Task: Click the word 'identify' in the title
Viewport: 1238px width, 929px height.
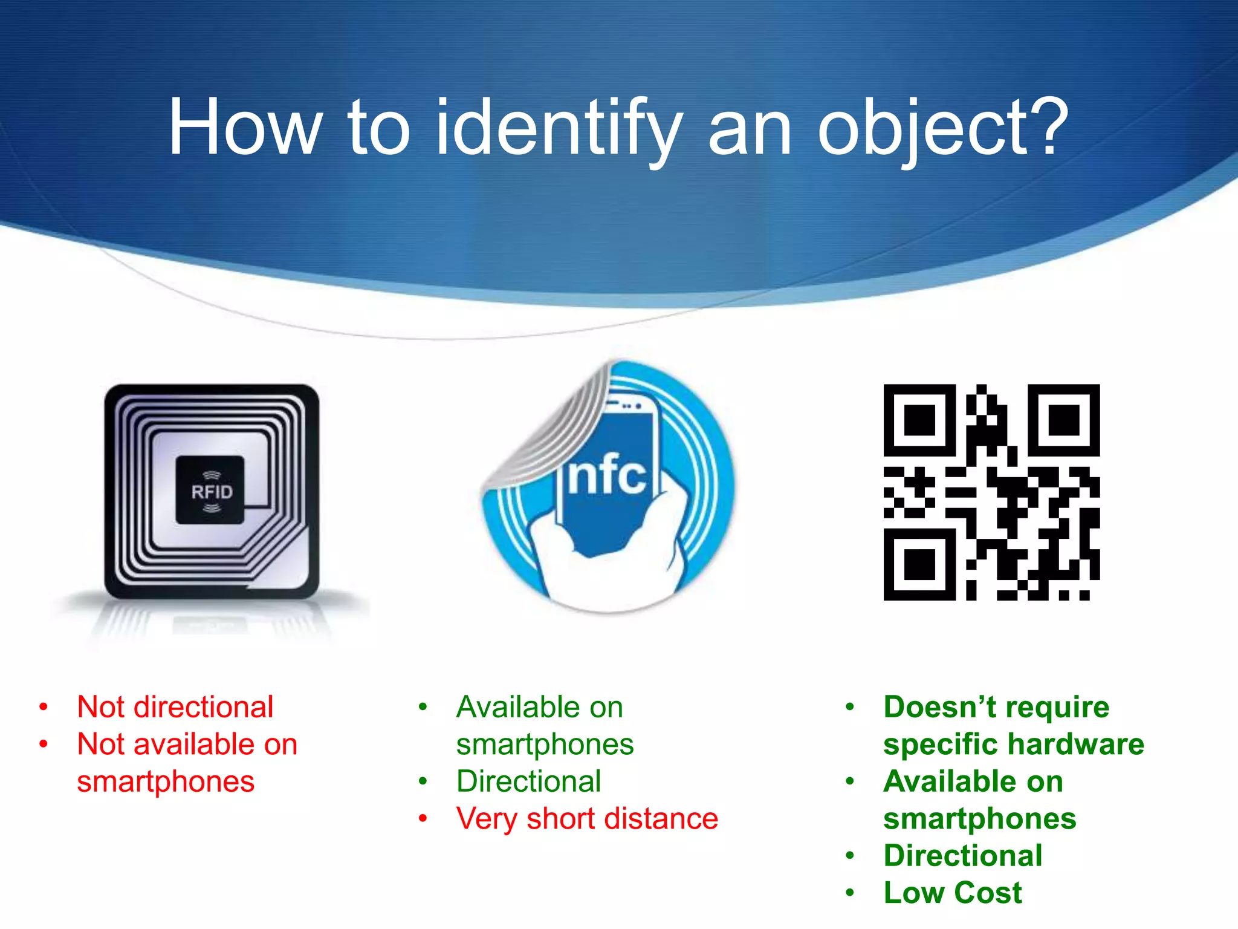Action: [559, 128]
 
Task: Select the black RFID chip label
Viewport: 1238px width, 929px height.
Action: [210, 490]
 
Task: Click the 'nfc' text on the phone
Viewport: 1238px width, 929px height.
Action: [606, 475]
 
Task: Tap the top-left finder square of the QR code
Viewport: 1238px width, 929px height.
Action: [919, 420]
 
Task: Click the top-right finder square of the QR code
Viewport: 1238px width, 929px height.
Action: [1063, 420]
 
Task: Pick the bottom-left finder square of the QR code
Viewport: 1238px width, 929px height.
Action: [919, 564]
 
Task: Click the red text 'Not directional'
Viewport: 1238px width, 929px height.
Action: [175, 706]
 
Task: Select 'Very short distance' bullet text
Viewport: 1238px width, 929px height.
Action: [587, 818]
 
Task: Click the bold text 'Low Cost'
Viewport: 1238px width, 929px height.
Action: [953, 893]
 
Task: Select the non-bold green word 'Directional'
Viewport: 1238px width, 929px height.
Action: [528, 781]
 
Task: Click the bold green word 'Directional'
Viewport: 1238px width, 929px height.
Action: [963, 855]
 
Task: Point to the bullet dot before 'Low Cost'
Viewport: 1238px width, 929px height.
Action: [850, 893]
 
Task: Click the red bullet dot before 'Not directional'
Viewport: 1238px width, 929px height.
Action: [44, 706]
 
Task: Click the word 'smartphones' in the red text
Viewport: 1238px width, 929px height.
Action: [166, 781]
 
